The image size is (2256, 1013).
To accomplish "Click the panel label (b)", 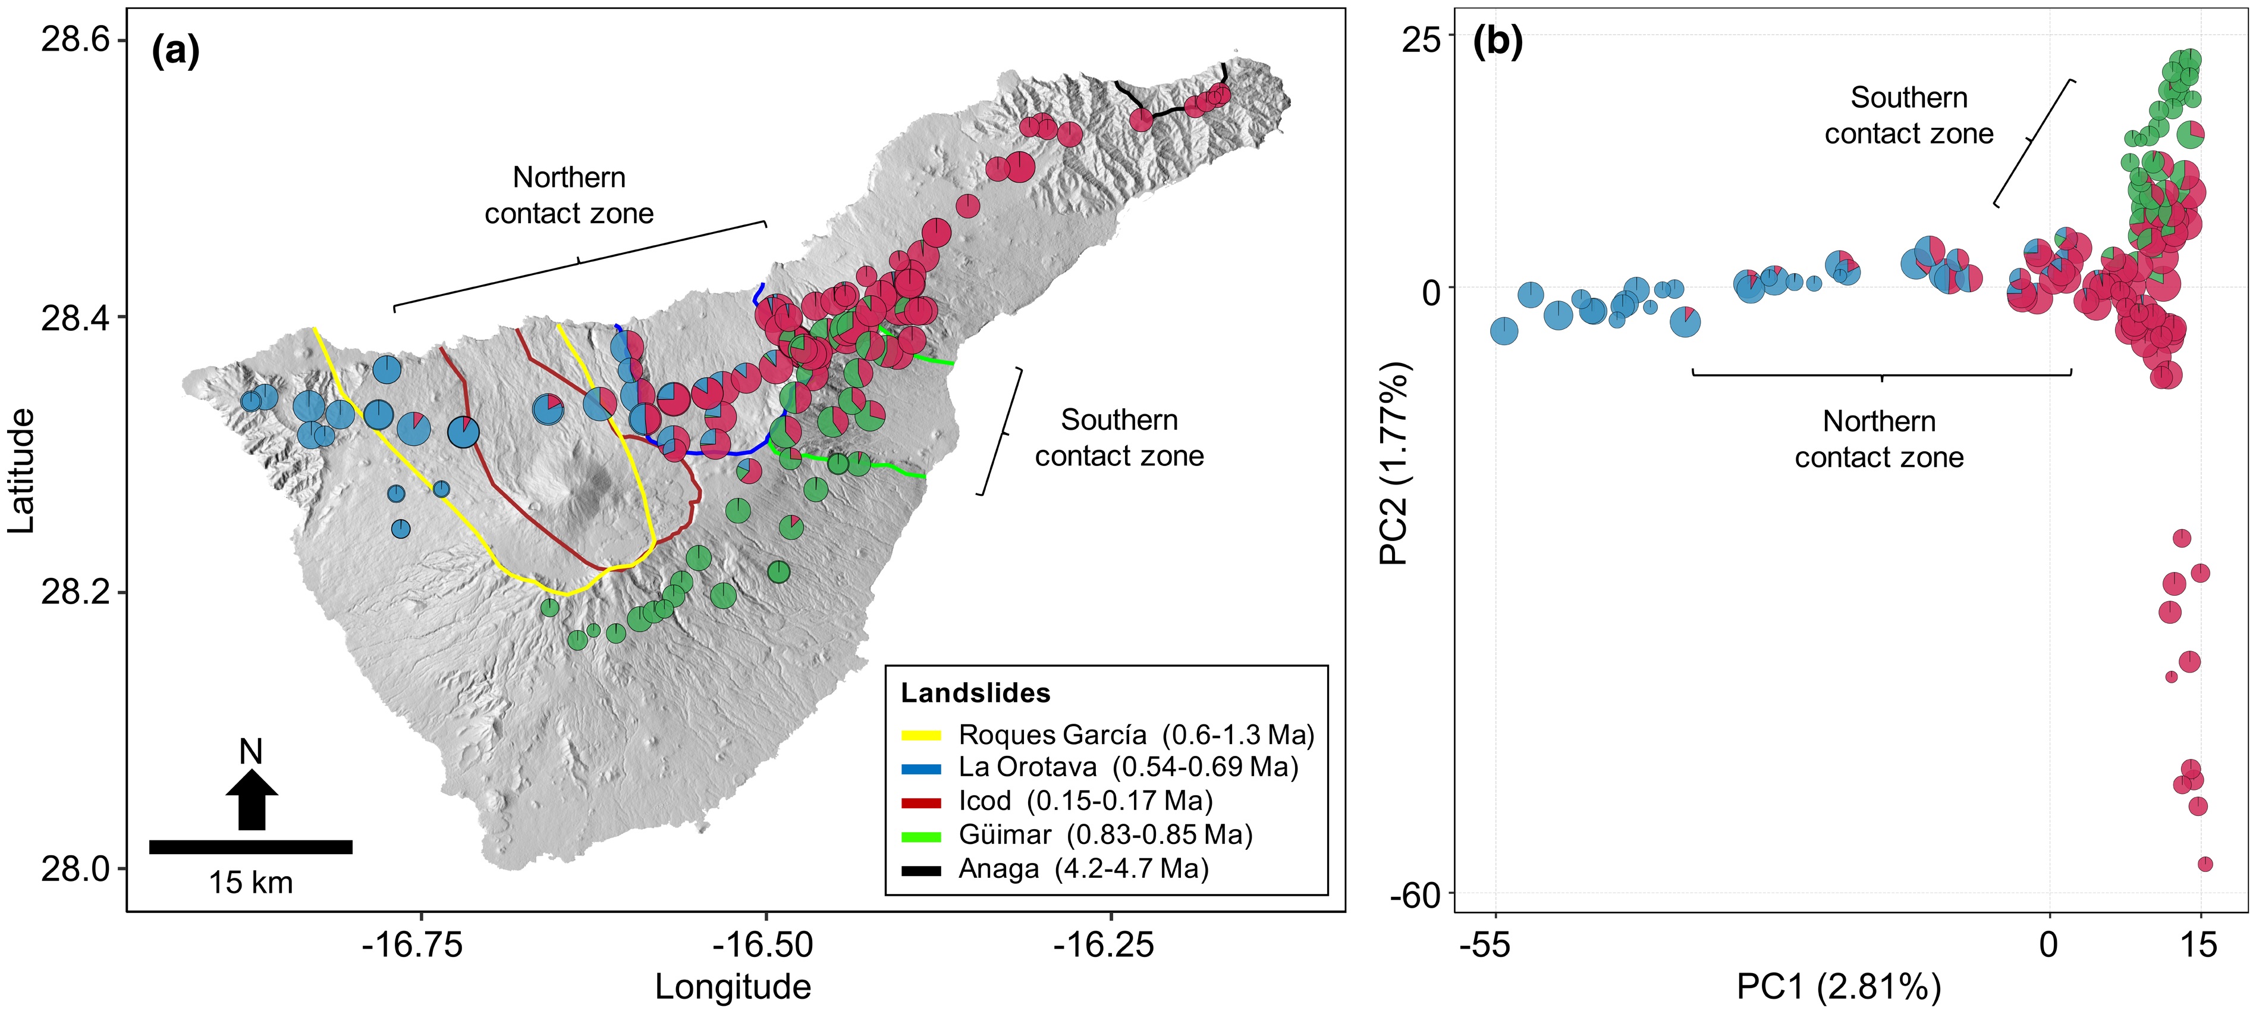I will pos(1498,41).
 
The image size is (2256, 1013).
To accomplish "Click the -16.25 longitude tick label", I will pos(1102,945).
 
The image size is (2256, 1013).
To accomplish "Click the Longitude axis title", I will pos(733,987).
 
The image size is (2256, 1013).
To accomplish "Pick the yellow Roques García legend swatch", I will pos(921,735).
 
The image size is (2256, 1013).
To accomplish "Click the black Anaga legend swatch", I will pos(921,870).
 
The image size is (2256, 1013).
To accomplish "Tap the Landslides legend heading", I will pos(976,693).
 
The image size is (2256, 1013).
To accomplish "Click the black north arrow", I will pos(252,799).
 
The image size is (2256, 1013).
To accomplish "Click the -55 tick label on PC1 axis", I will pos(1485,945).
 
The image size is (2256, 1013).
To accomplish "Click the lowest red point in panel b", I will pos(2205,864).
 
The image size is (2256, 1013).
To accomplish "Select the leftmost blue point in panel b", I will pos(1504,332).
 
